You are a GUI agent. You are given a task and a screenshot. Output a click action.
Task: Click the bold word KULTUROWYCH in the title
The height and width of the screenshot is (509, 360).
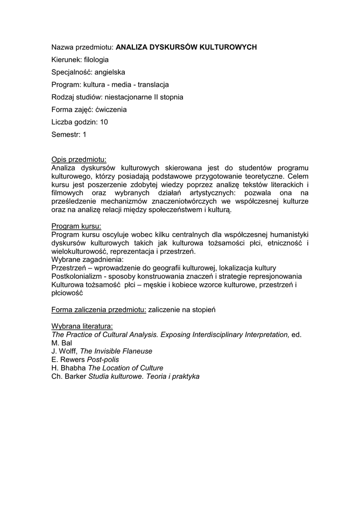click(228, 47)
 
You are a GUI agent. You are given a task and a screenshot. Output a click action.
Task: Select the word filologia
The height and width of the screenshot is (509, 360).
click(96, 60)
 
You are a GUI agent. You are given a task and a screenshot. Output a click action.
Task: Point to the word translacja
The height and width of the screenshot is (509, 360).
click(153, 85)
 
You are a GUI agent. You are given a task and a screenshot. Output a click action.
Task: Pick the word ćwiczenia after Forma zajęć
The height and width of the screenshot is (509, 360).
click(111, 109)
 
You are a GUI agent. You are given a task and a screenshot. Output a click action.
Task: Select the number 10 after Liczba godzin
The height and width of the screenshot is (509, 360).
click(104, 122)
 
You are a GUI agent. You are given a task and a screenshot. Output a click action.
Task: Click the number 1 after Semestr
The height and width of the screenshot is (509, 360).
click(85, 134)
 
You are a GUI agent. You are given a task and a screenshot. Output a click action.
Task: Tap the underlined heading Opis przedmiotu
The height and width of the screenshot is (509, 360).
click(79, 160)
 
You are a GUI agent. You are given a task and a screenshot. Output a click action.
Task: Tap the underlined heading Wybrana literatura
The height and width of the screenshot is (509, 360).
click(82, 327)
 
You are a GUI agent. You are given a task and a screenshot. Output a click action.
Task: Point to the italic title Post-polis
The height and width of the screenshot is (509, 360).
click(103, 360)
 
